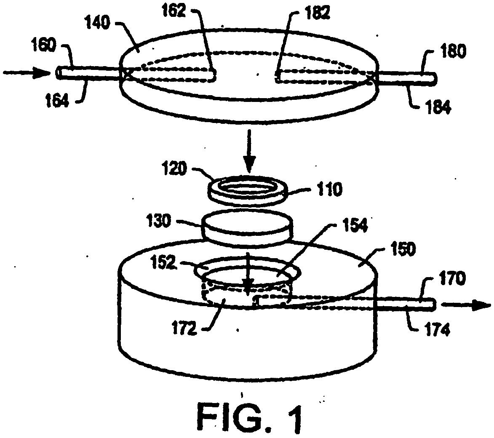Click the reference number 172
tap(184, 328)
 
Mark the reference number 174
tap(438, 329)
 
